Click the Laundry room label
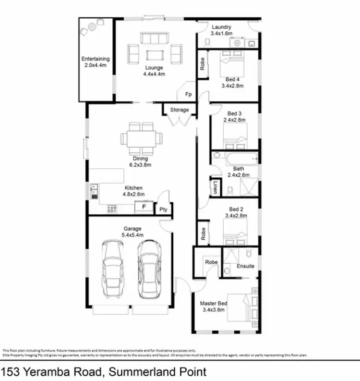tap(222, 27)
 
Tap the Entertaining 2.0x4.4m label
tap(95, 62)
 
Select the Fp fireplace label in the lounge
tap(189, 95)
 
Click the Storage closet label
tap(180, 110)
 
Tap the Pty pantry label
tap(163, 210)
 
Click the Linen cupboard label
tap(216, 187)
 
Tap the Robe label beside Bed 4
tap(203, 65)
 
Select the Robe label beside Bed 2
tap(203, 234)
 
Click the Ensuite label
tap(245, 266)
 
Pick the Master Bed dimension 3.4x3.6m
tap(214, 310)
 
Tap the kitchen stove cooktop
tap(112, 209)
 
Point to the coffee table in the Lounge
tap(155, 53)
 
